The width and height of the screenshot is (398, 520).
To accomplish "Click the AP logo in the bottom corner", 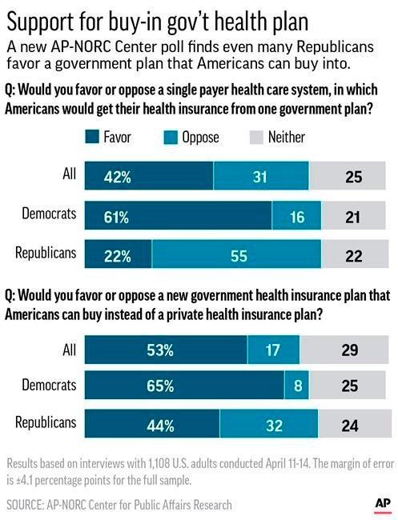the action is (383, 504).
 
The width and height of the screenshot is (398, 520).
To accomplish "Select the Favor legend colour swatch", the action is (92, 137).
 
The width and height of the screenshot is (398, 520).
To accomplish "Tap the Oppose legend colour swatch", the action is (171, 138).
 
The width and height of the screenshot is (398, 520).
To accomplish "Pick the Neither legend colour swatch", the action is (256, 138).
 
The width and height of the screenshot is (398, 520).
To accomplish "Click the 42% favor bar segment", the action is (149, 176).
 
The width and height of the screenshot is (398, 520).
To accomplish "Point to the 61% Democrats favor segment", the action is (179, 215).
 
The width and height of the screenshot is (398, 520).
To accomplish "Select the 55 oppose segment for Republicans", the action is (237, 254).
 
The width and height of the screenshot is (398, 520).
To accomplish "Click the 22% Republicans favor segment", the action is (119, 254).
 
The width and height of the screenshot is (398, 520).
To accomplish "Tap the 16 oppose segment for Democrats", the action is (296, 215).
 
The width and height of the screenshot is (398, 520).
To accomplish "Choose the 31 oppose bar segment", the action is (261, 176).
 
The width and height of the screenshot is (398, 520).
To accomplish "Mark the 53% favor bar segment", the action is (166, 350).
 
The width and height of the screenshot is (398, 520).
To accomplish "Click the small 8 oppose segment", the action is (296, 385).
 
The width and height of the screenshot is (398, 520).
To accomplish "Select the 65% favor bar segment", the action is (184, 385).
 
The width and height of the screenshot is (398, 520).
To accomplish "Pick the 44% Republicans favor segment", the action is (152, 424).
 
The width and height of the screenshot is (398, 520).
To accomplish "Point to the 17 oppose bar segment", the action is (273, 350).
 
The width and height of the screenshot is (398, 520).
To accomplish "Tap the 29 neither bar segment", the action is (344, 350).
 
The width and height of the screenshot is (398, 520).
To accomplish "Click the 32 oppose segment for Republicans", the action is (269, 424).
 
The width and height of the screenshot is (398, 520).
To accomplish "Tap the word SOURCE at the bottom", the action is (25, 505).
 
